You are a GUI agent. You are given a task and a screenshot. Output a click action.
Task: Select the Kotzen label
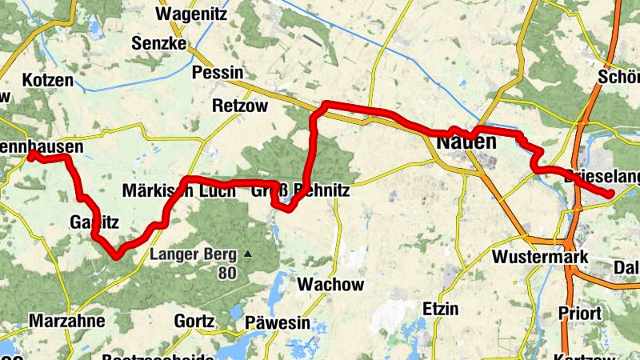click(48, 80)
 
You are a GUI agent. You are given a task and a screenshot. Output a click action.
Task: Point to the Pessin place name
click(218, 72)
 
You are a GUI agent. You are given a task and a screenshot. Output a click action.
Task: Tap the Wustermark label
click(540, 257)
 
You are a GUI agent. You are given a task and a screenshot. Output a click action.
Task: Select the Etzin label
click(441, 308)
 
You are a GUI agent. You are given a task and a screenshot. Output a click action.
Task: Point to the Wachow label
click(330, 284)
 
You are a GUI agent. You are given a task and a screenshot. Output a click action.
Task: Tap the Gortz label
click(194, 322)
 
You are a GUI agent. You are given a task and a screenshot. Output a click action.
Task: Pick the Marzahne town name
click(67, 322)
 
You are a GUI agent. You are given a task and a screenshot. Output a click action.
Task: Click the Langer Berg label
click(194, 255)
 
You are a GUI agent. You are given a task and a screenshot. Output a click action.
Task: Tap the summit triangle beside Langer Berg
click(248, 255)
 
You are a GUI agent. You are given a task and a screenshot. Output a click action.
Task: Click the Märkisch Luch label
click(178, 190)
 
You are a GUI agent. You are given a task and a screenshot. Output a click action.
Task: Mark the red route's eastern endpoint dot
click(610, 194)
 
